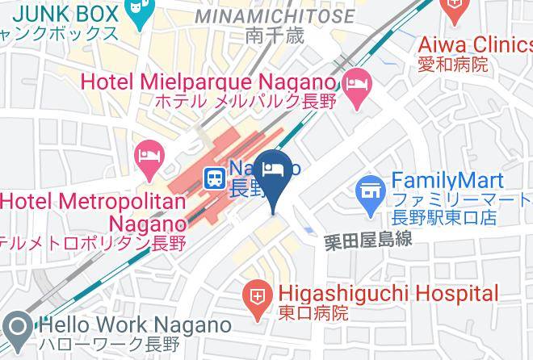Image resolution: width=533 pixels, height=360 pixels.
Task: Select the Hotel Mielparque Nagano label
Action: click(208, 82)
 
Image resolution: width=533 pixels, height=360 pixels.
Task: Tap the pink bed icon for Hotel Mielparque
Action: click(356, 83)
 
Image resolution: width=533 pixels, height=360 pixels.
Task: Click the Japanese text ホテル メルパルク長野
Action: click(233, 103)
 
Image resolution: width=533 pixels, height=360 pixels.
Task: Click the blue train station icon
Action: click(213, 177)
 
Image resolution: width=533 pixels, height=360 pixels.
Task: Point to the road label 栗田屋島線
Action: click(369, 240)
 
